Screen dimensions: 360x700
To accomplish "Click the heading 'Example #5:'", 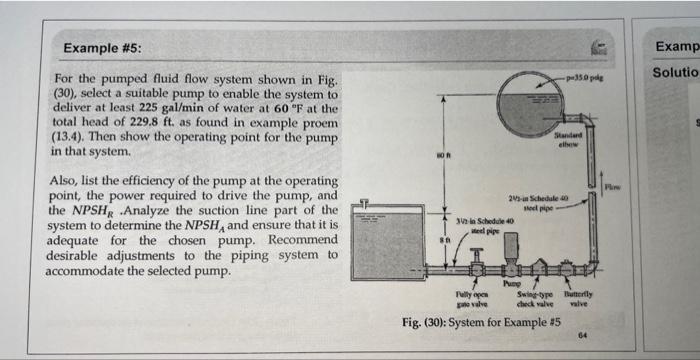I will click(102, 48).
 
